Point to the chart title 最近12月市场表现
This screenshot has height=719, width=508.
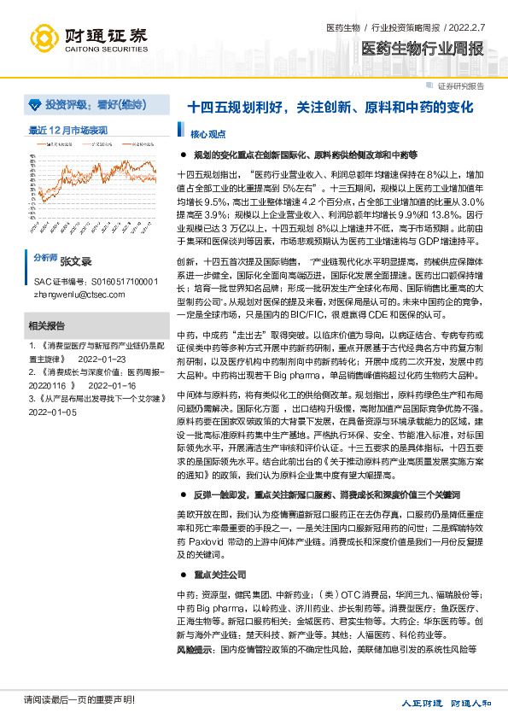[68, 131]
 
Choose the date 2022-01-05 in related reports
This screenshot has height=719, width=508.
[53, 412]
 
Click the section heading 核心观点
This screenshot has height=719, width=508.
[207, 134]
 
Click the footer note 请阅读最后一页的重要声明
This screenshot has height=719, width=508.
[79, 702]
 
